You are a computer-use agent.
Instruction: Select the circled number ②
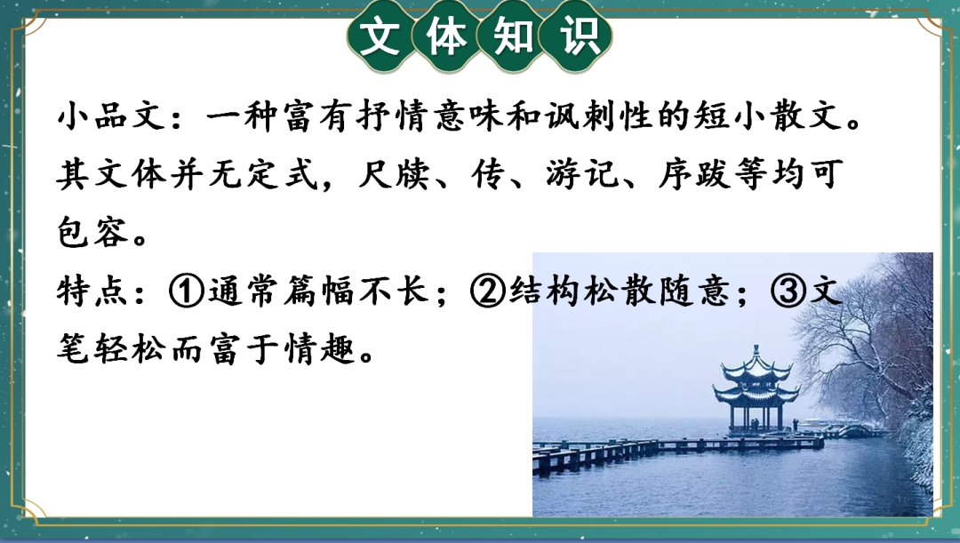click(489, 291)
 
